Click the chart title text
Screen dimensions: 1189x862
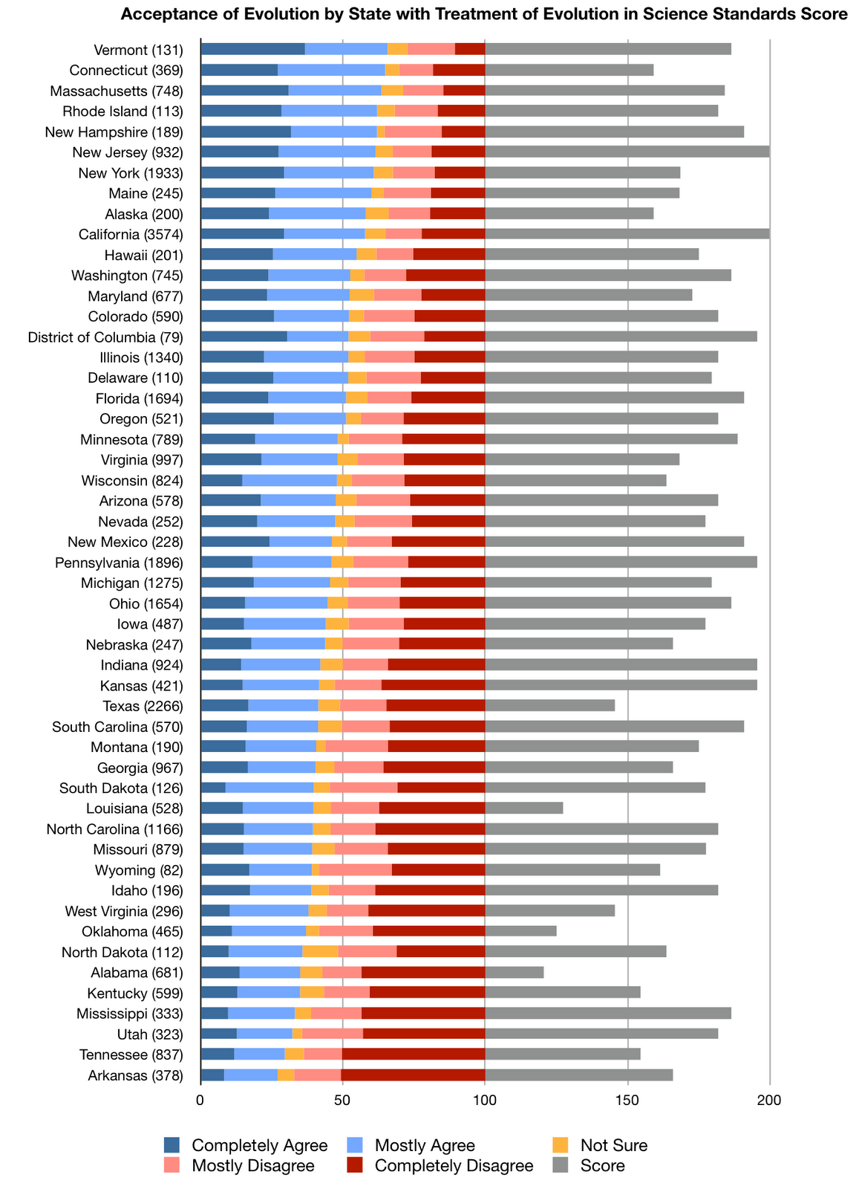[483, 14]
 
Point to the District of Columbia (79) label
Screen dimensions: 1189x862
[105, 337]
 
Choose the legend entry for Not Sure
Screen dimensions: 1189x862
[613, 1145]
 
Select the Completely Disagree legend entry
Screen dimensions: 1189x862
[454, 1165]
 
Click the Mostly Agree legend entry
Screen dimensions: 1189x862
[425, 1145]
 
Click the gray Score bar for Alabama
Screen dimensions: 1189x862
[514, 972]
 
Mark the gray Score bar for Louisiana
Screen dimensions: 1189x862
[523, 808]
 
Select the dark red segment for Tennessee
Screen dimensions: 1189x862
[413, 1054]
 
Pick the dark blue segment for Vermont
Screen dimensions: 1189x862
[252, 49]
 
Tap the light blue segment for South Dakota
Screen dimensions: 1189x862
[269, 788]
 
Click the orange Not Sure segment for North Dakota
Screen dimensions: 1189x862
[320, 951]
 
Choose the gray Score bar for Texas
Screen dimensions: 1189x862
[549, 705]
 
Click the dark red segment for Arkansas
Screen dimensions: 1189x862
[413, 1075]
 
